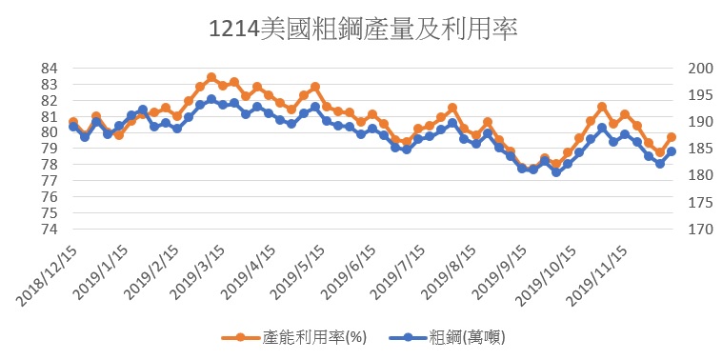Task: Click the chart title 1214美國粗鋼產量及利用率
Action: (363, 30)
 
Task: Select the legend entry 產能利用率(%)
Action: (293, 337)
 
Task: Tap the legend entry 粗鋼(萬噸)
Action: (447, 337)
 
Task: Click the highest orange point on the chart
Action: (211, 77)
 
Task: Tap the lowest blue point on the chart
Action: (556, 172)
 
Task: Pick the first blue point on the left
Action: (73, 126)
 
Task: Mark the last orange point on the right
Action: (672, 137)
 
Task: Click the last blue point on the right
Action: (672, 151)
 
